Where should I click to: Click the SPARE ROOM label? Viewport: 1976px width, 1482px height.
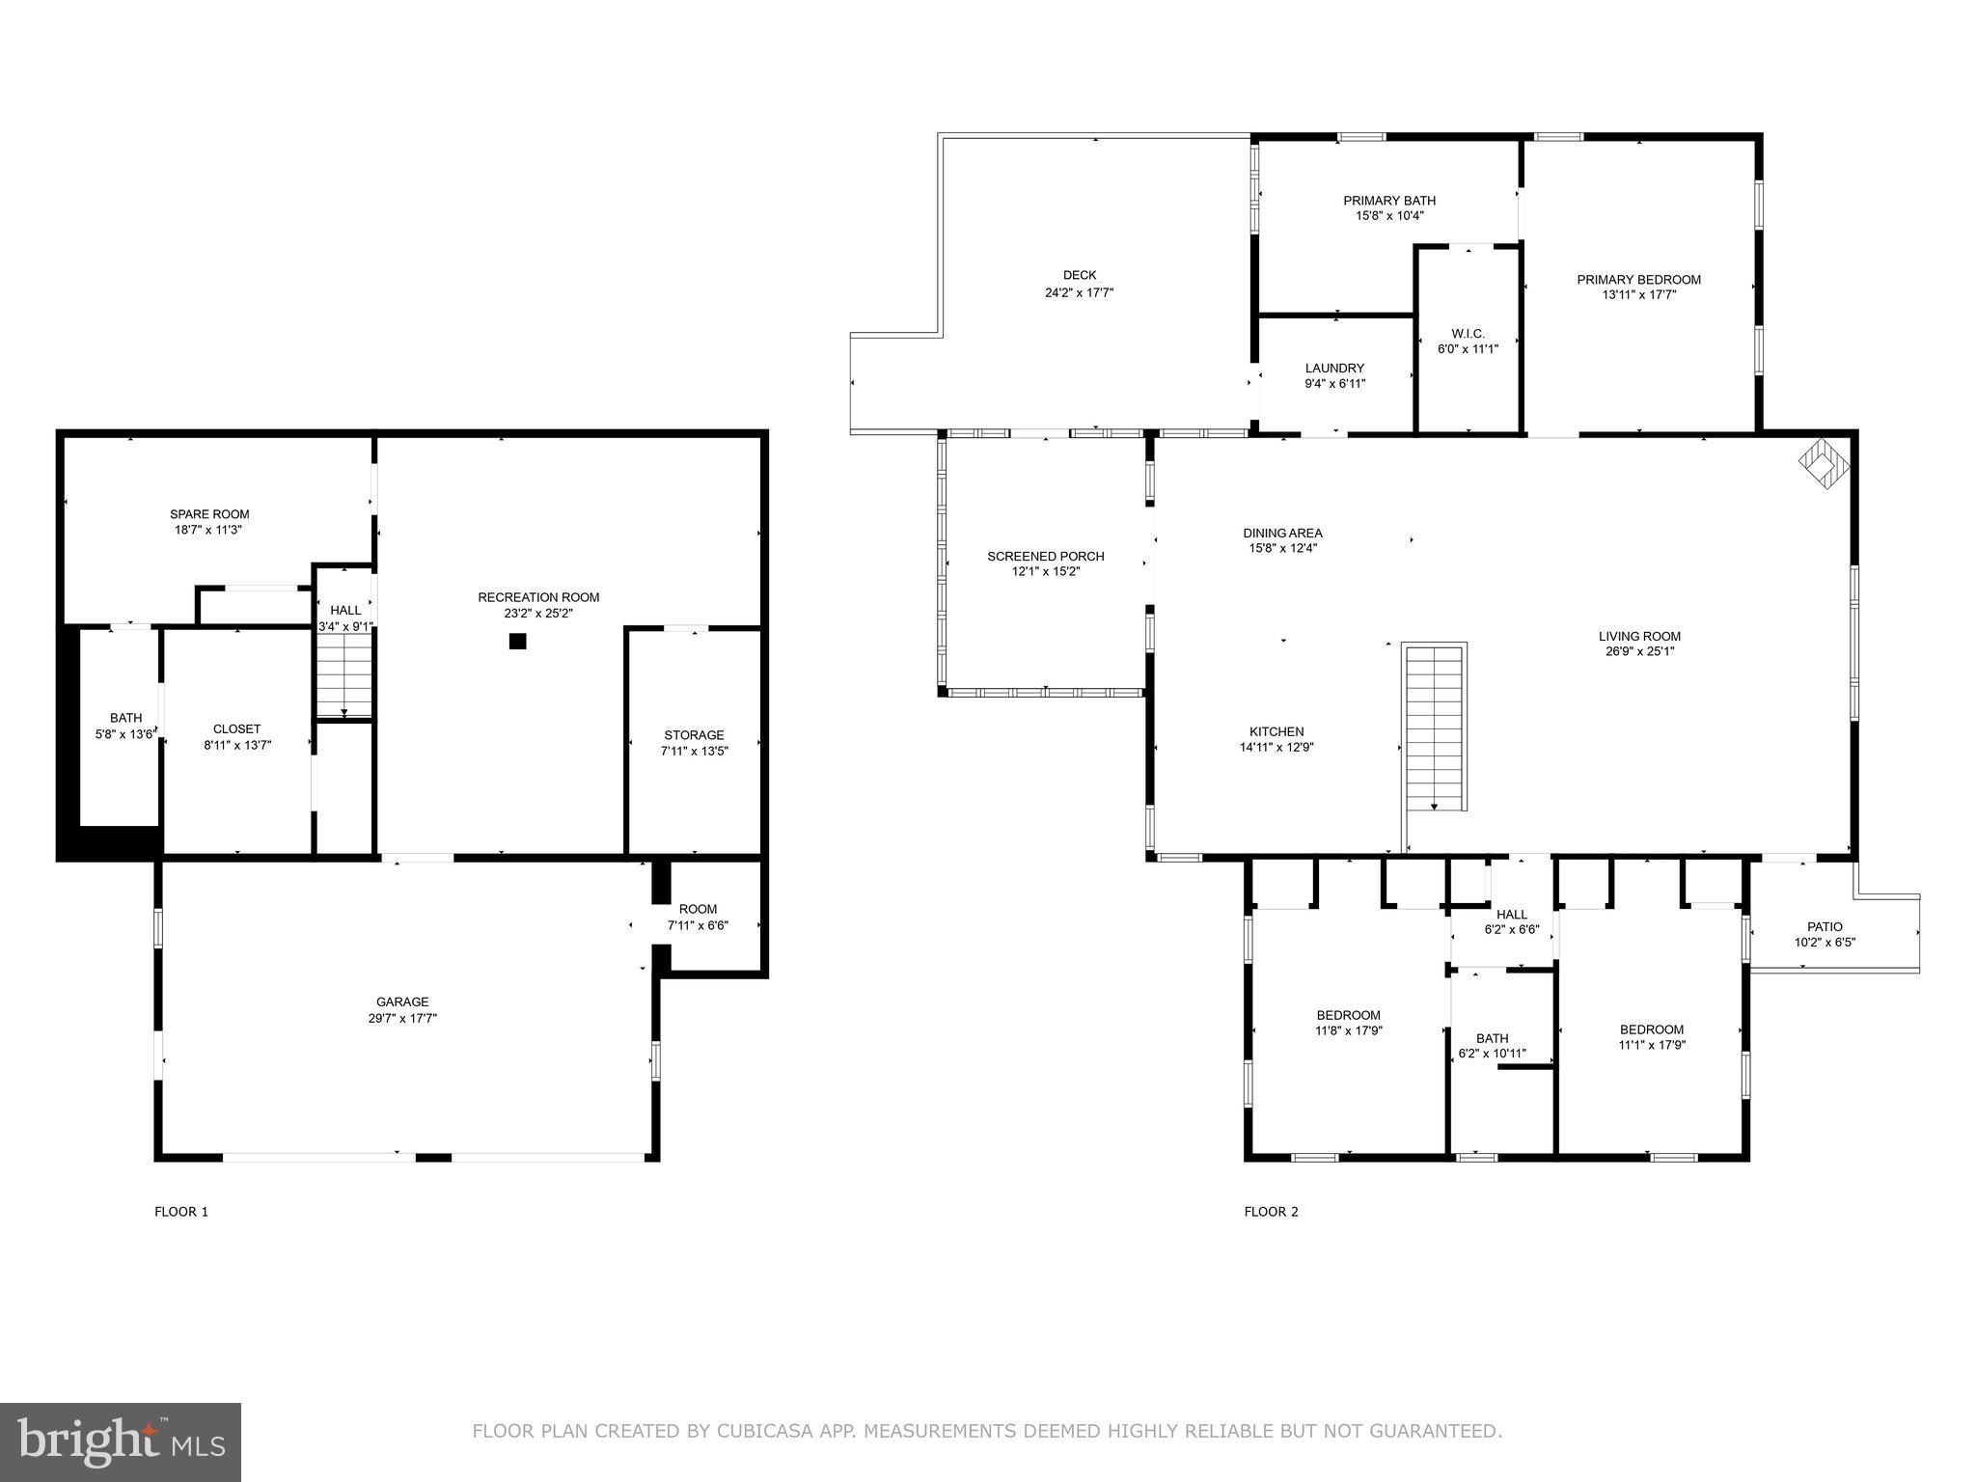(x=209, y=514)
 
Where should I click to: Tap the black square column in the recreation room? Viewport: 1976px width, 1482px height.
(x=517, y=641)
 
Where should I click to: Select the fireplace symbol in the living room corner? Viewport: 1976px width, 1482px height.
(x=1825, y=461)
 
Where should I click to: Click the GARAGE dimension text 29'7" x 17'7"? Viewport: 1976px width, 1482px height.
(x=402, y=1018)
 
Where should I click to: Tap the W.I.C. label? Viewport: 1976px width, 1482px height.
(x=1468, y=334)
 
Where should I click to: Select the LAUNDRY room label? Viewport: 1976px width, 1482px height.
(x=1334, y=369)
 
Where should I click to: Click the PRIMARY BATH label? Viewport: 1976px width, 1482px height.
(x=1389, y=201)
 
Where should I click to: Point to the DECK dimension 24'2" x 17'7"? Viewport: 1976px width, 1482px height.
(x=1079, y=292)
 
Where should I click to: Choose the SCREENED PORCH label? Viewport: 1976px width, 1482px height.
(x=1045, y=557)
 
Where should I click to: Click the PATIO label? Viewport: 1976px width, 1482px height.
(x=1825, y=926)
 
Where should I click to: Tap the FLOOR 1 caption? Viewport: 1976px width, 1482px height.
(x=181, y=1212)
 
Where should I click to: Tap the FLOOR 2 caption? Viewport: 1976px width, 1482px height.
(x=1271, y=1212)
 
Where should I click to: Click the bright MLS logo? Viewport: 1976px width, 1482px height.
(x=120, y=1442)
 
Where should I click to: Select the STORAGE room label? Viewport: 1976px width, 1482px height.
(x=694, y=735)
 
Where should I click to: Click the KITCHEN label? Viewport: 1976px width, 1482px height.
(x=1276, y=731)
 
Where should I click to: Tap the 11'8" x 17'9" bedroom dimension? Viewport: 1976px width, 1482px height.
(x=1348, y=1030)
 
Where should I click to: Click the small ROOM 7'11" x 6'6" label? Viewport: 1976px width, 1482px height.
(x=698, y=909)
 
